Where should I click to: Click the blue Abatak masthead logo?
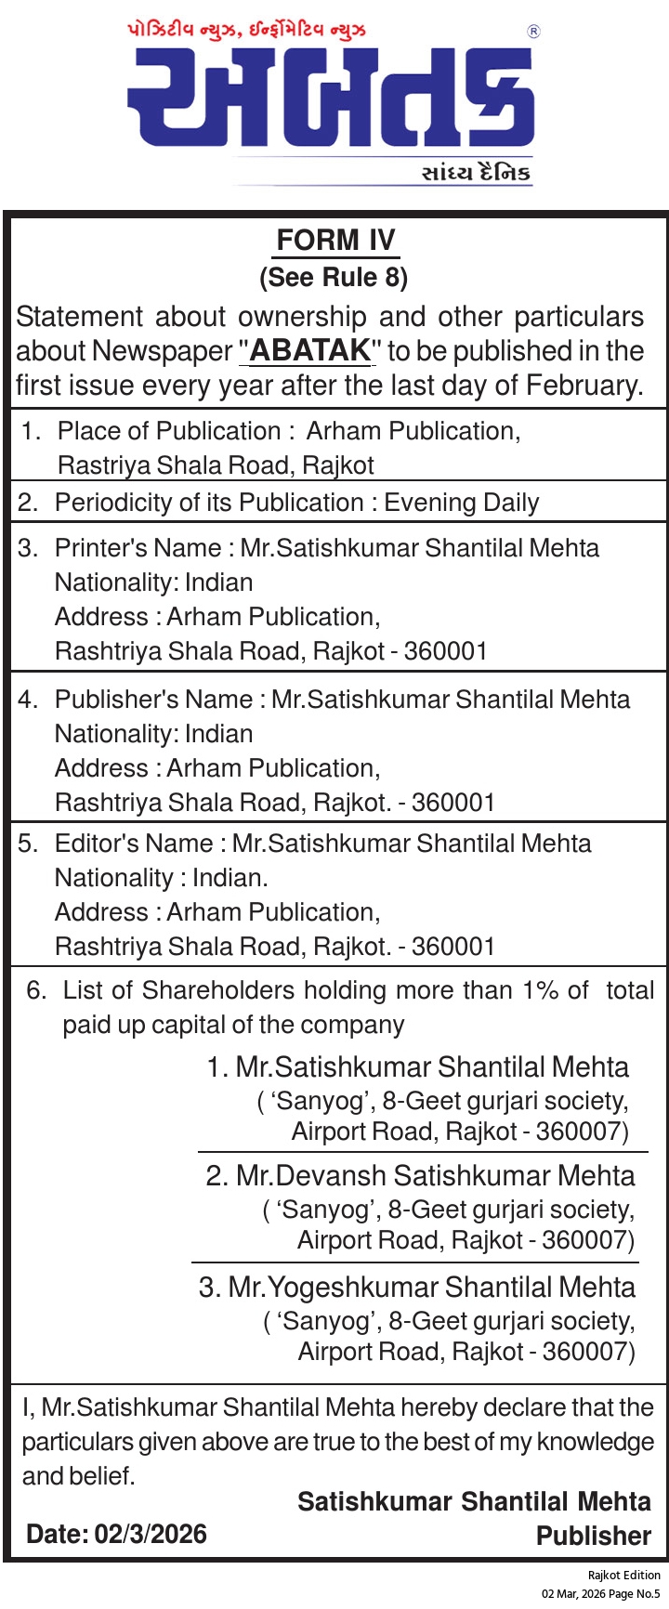pyautogui.click(x=331, y=98)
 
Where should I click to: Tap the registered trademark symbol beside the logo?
pyautogui.click(x=533, y=32)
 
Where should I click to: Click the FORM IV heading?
pyautogui.click(x=335, y=241)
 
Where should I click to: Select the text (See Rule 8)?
pyautogui.click(x=334, y=277)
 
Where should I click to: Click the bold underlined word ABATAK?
pyautogui.click(x=310, y=351)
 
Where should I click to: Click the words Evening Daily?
pyautogui.click(x=461, y=503)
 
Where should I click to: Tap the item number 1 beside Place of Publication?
pyautogui.click(x=30, y=431)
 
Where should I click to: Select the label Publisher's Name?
pyautogui.click(x=153, y=700)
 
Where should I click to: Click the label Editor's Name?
pyautogui.click(x=134, y=844)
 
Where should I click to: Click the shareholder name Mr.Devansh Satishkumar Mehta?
pyautogui.click(x=435, y=1176)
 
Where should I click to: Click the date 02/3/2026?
pyautogui.click(x=151, y=1534)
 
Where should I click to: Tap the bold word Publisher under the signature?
pyautogui.click(x=594, y=1536)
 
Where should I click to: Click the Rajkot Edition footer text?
pyautogui.click(x=623, y=1575)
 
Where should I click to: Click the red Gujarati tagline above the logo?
pyautogui.click(x=246, y=31)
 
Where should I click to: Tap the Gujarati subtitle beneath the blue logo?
pyautogui.click(x=476, y=173)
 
